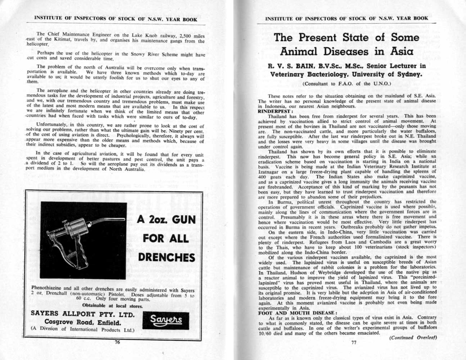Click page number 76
[x=117, y=342]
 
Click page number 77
[x=353, y=342]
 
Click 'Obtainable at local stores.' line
[x=112, y=306]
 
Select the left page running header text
[x=116, y=19]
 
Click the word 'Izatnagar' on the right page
[x=270, y=172]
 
